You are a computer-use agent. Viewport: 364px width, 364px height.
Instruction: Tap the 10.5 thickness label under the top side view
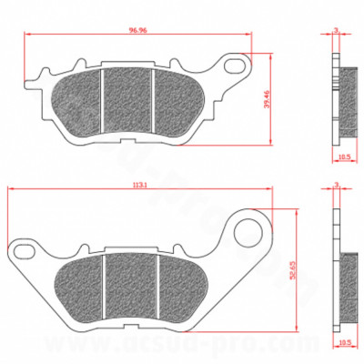343,158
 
